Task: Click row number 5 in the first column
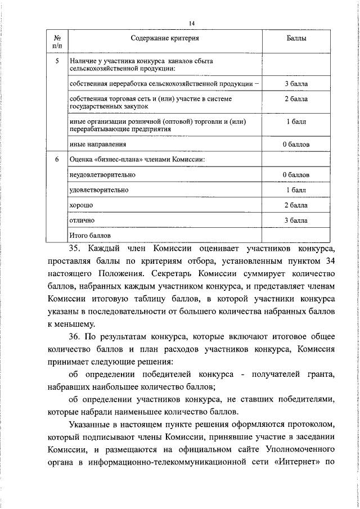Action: pyautogui.click(x=56, y=60)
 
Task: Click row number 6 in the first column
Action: pyautogui.click(x=56, y=159)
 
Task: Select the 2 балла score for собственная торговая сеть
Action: pyautogui.click(x=296, y=99)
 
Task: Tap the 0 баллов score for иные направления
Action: pyautogui.click(x=296, y=145)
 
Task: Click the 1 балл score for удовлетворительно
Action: pyautogui.click(x=296, y=190)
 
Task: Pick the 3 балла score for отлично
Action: pyautogui.click(x=296, y=220)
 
